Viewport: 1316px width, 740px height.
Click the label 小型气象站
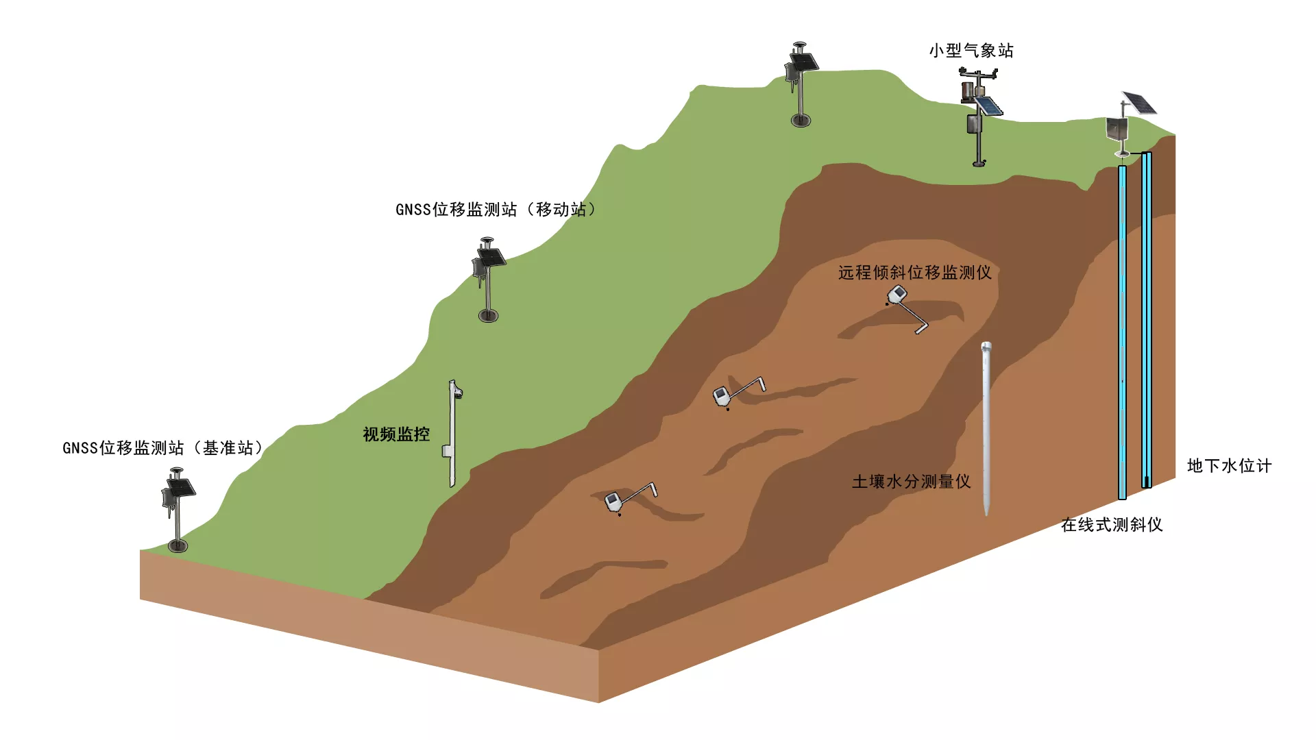pos(971,51)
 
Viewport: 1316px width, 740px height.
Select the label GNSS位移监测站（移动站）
pos(496,210)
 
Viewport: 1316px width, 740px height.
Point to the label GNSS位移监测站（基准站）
pos(163,448)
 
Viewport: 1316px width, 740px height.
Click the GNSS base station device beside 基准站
pos(178,510)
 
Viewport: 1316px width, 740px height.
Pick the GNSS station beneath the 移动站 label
pos(488,280)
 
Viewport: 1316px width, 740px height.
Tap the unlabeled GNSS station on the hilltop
pos(801,85)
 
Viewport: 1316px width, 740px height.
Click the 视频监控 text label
pos(396,434)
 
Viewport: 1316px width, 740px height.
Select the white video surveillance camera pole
pos(453,434)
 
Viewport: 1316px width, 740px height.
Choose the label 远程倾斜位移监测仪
pos(915,273)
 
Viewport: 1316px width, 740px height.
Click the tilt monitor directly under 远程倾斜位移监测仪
pos(907,309)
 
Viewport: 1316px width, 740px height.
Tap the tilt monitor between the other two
pos(739,393)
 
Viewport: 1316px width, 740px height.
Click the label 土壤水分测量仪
pos(911,482)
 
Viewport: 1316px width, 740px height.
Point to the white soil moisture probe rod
pos(986,428)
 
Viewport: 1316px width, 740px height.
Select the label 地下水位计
pos(1230,466)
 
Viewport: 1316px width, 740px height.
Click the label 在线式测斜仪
pos(1112,525)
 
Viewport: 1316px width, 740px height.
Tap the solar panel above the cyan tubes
pos(1139,103)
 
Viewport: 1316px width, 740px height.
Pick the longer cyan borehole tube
pos(1122,332)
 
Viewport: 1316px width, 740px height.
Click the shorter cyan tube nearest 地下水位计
pos(1147,320)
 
